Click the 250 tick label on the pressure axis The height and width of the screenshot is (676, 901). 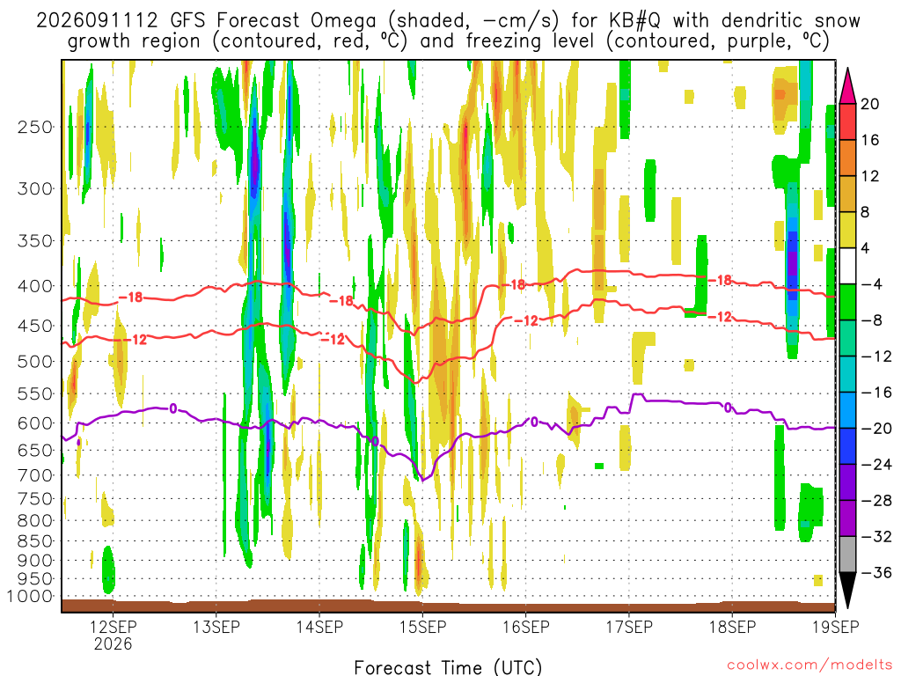point(35,127)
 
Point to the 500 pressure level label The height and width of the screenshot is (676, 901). point(35,362)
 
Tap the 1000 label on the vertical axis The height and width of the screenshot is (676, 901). point(30,596)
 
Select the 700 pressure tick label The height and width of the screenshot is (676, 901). point(35,475)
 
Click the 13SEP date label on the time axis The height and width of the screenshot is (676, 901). point(216,627)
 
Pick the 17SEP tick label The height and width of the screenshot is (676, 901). point(629,627)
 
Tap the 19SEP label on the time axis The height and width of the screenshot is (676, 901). point(836,627)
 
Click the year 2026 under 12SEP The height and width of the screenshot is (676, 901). point(114,643)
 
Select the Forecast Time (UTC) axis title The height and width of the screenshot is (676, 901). point(448,667)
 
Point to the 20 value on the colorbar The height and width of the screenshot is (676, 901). point(869,104)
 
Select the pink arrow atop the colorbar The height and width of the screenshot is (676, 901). point(847,85)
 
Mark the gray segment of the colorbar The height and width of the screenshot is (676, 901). point(847,555)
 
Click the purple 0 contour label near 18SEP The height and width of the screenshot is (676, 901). point(728,408)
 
